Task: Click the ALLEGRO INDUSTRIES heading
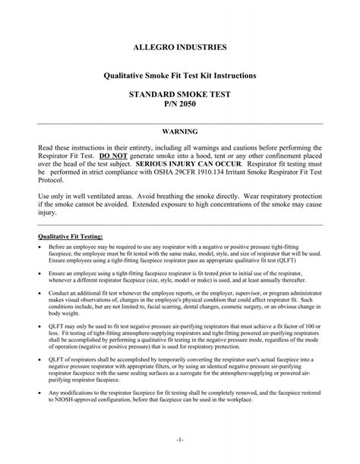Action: [x=179, y=47]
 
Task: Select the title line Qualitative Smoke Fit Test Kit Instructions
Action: [x=179, y=77]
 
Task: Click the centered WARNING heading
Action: [x=179, y=132]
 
